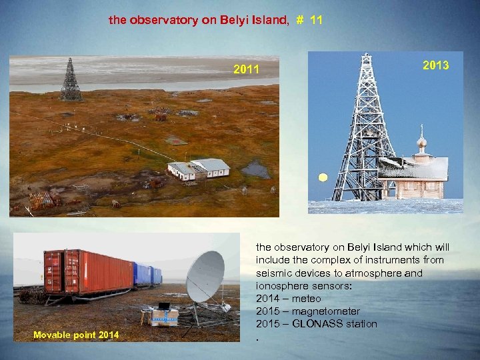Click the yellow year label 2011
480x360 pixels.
(x=246, y=69)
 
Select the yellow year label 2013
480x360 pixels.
(x=435, y=65)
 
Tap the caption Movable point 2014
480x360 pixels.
(x=77, y=334)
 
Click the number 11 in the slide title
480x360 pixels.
(x=316, y=20)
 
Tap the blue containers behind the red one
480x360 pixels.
(x=146, y=274)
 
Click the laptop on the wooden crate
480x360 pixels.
(x=164, y=306)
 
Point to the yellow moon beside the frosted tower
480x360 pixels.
(x=323, y=178)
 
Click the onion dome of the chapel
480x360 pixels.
(x=421, y=143)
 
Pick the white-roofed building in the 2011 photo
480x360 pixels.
(x=199, y=168)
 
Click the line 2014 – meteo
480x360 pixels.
(x=288, y=298)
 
